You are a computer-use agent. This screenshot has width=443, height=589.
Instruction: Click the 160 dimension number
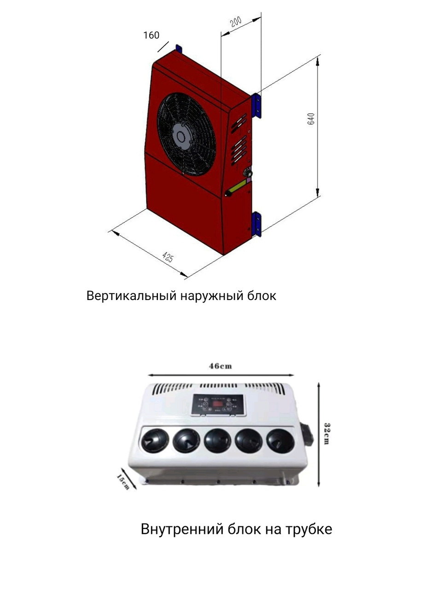point(151,35)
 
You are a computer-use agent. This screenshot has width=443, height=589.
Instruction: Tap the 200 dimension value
point(236,22)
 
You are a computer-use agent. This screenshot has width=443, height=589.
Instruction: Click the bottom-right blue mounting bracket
point(256,224)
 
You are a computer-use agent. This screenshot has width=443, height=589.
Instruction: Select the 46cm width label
point(221,366)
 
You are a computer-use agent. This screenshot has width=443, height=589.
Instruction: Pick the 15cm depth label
point(122,481)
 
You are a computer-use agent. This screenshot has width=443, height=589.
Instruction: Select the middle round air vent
point(217,440)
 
